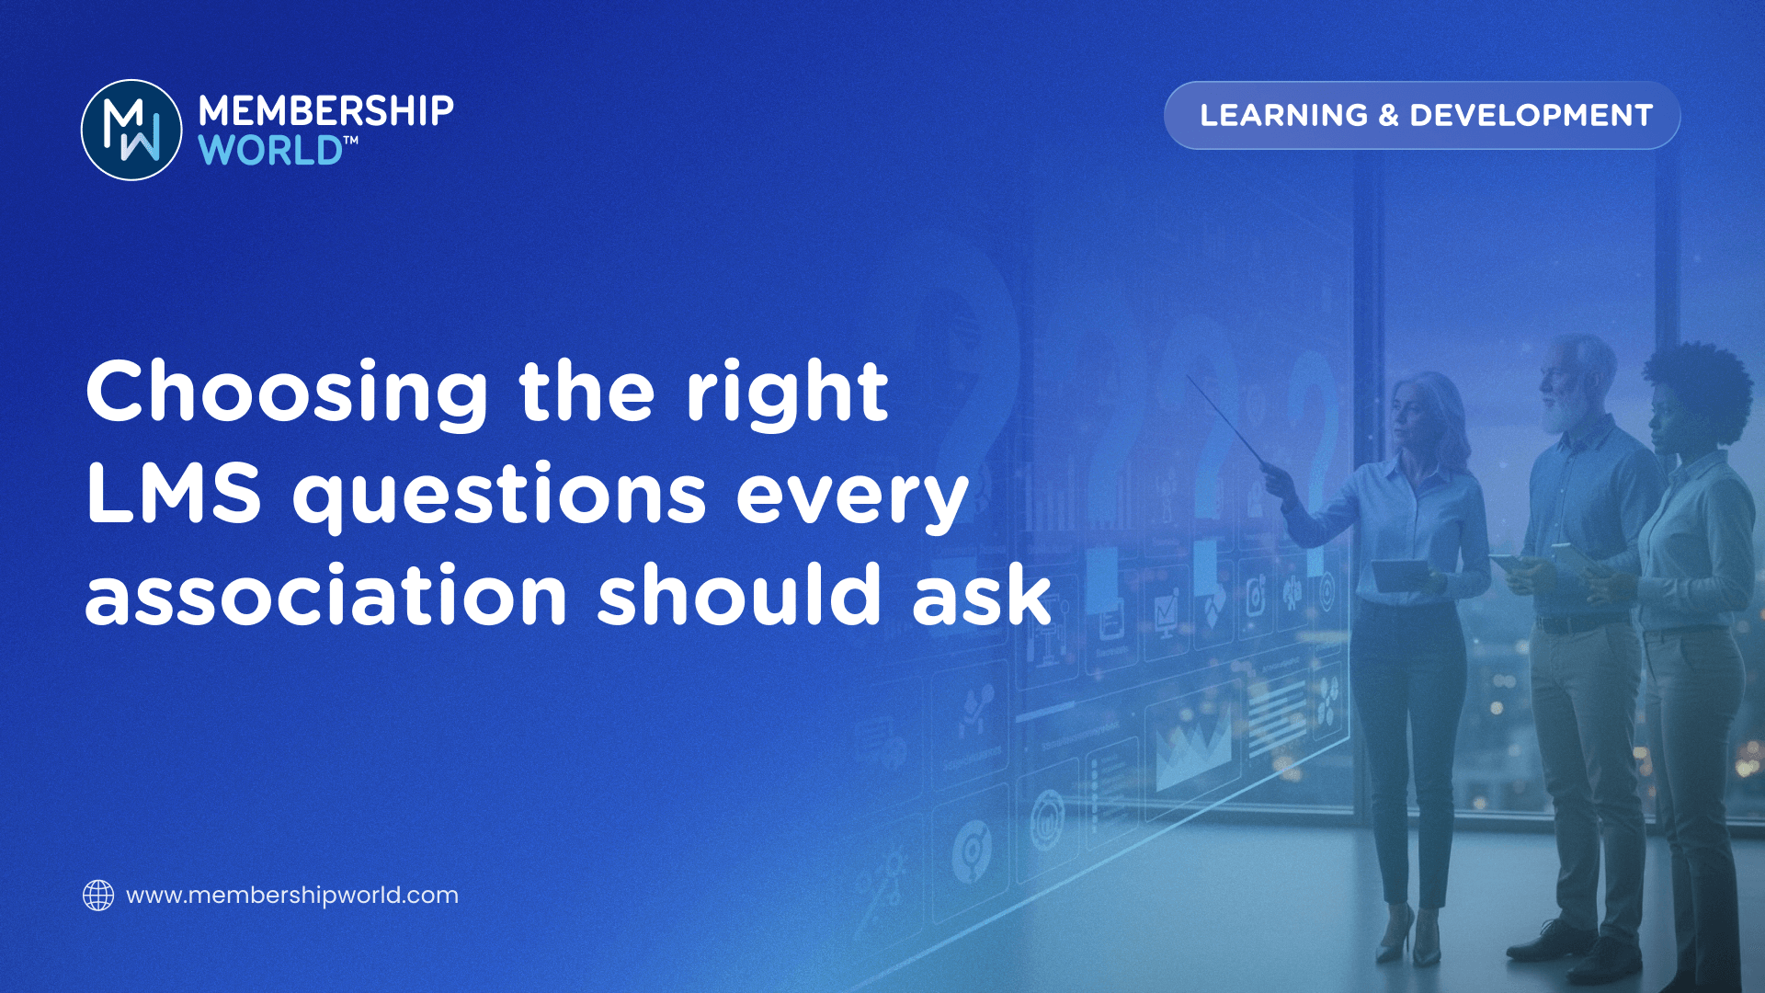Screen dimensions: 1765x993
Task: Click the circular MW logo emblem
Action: [131, 130]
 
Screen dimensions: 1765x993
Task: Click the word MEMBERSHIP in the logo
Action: [326, 111]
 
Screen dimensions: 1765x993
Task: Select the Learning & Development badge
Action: [1422, 115]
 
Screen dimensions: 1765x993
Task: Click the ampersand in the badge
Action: [1388, 116]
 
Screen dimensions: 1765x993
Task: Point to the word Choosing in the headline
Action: [287, 393]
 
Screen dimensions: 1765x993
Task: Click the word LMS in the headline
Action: [174, 494]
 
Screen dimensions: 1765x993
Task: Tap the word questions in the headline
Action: [499, 497]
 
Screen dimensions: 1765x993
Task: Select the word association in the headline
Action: [326, 596]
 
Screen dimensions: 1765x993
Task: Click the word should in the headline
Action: [740, 593]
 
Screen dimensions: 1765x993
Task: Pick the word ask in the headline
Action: [982, 594]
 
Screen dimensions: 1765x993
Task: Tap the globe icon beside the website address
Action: [98, 895]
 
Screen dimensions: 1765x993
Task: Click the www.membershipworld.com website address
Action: [292, 896]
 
